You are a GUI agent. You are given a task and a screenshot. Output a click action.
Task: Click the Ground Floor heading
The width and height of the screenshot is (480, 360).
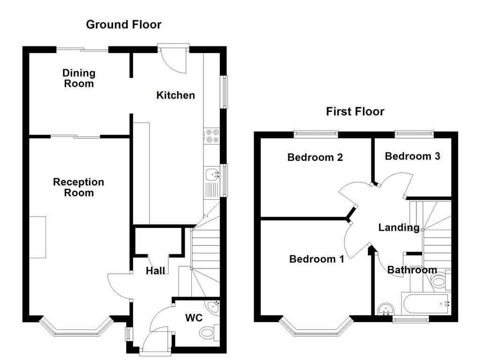(124, 25)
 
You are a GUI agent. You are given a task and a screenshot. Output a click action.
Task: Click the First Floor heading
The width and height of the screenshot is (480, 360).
(355, 112)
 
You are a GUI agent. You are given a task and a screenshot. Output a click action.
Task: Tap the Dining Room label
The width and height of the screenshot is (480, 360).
(79, 78)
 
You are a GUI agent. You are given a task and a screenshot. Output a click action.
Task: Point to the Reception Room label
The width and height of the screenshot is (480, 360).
(79, 187)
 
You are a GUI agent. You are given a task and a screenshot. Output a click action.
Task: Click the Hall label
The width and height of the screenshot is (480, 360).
(155, 271)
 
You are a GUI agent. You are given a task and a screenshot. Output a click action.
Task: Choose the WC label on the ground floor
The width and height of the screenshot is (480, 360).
(193, 318)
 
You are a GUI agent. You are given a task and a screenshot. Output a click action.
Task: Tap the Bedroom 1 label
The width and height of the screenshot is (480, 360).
(316, 259)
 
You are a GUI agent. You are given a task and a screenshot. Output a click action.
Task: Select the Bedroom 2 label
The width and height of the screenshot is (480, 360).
(315, 157)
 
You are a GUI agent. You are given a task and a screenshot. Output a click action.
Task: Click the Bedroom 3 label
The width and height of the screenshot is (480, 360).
(412, 156)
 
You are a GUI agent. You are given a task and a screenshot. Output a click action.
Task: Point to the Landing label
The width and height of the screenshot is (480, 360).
(398, 228)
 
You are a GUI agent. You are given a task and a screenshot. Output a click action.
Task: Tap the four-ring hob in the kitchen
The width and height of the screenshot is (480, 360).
(212, 136)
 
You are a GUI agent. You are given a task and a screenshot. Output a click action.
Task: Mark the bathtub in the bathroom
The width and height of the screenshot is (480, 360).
(425, 304)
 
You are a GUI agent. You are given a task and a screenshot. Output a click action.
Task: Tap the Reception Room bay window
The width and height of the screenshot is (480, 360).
(75, 329)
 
